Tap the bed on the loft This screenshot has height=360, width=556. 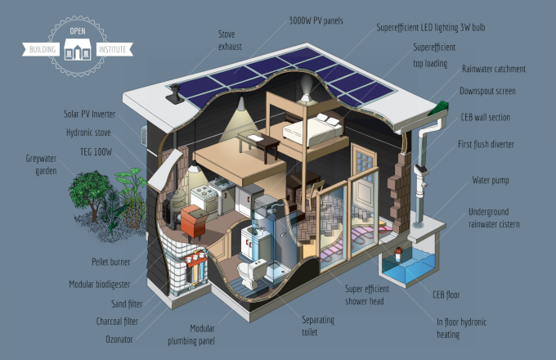pos(312,130)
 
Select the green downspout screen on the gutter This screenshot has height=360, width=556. pos(439,108)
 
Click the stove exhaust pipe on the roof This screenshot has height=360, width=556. pos(175,93)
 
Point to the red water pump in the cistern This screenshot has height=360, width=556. pos(398,254)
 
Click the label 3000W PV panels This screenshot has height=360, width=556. pos(316,21)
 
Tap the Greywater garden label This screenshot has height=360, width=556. pos(41,164)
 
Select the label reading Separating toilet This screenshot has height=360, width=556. pos(318,326)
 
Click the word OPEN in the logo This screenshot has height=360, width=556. pos(78,31)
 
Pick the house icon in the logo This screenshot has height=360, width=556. pos(78,49)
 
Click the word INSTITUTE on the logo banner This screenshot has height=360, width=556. pos(112,49)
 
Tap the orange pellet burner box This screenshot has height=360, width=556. pos(194,222)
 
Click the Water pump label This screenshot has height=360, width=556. pos(491,181)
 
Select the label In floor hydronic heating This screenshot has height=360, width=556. pos(461,328)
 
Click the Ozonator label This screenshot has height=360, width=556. pos(119,340)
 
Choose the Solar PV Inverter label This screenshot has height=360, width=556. pos(89,115)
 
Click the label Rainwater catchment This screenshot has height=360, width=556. pos(494,70)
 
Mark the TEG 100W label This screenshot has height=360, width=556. pos(96,152)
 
